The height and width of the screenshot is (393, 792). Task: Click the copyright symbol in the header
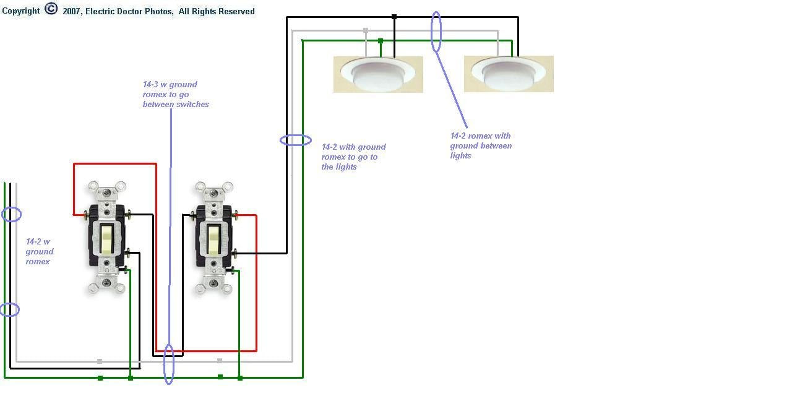(x=51, y=9)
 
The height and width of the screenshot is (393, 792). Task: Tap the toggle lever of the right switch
(x=213, y=240)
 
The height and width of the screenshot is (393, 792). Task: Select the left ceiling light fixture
(x=378, y=74)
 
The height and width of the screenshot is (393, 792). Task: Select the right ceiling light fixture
(x=509, y=74)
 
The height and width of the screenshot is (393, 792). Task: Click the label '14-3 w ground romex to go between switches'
(x=176, y=95)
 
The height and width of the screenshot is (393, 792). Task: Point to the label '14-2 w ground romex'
(x=40, y=251)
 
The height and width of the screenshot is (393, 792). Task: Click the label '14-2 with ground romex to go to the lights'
(x=353, y=157)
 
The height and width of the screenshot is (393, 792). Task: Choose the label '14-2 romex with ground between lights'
(x=481, y=145)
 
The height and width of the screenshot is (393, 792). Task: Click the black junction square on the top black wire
(x=394, y=17)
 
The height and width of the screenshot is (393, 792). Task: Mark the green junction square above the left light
(x=381, y=41)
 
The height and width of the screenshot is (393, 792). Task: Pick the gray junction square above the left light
(x=366, y=31)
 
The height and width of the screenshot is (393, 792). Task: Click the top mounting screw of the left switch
(x=107, y=192)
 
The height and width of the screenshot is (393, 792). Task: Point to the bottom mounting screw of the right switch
(x=213, y=283)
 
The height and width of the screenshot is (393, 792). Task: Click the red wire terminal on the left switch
(x=85, y=215)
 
